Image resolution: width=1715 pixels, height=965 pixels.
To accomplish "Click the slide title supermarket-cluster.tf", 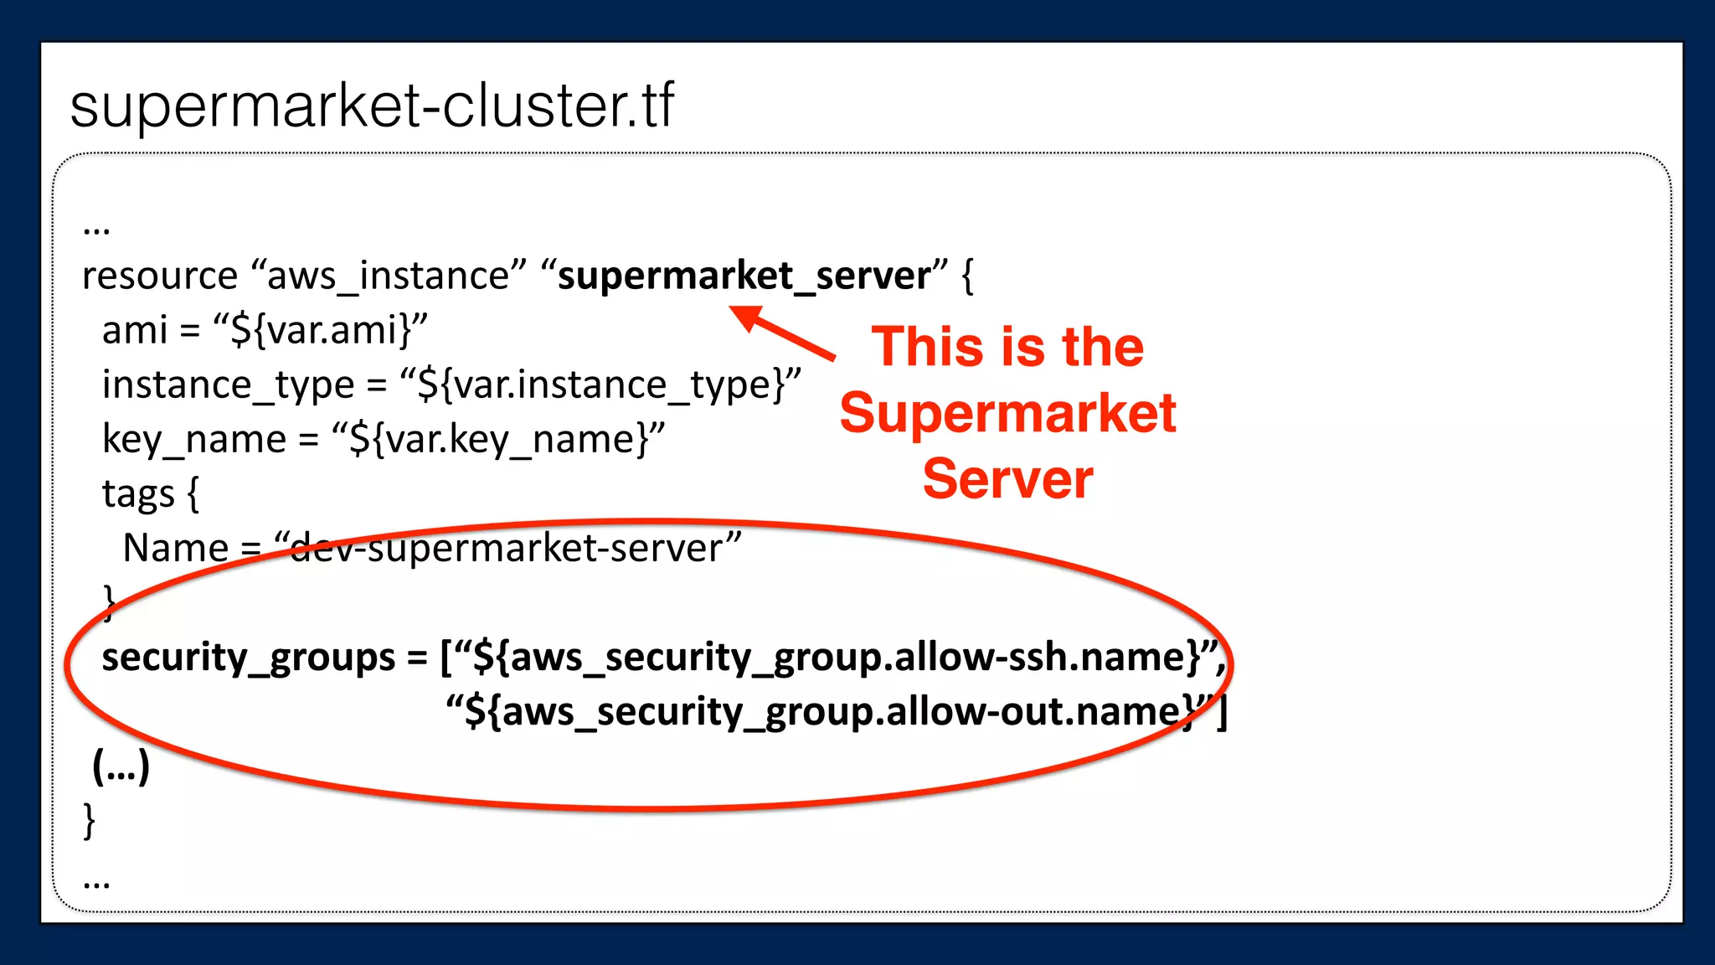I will (372, 106).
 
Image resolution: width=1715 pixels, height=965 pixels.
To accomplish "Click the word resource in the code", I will (160, 276).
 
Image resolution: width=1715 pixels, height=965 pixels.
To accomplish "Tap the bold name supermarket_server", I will (744, 276).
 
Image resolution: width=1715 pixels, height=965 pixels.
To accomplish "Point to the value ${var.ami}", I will (321, 330).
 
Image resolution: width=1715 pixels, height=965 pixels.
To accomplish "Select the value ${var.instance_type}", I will (600, 384).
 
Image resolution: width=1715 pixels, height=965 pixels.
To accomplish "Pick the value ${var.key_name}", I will (499, 439).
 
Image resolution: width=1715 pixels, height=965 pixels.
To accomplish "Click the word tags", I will (138, 493).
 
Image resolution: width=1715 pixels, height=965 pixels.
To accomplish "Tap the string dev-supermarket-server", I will (507, 549).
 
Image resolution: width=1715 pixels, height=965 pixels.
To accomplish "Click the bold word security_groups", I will (248, 657).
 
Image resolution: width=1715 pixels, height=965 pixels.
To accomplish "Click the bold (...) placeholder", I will (121, 766).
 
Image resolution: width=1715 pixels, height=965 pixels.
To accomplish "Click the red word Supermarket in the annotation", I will (1008, 413).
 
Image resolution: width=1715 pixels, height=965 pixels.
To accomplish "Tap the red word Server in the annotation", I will (1008, 479).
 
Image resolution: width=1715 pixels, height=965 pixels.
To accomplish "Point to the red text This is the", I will (1008, 347).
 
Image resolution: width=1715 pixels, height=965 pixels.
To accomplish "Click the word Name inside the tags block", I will (175, 549).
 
